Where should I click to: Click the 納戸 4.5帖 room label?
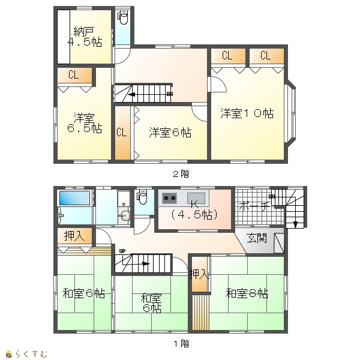click(85, 37)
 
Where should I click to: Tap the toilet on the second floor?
click(123, 17)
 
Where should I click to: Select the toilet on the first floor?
click(142, 197)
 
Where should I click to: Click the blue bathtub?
click(74, 198)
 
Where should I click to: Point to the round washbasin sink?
click(124, 216)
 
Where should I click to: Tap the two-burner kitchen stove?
click(169, 198)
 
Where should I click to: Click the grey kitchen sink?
click(196, 198)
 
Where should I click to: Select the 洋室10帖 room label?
click(247, 113)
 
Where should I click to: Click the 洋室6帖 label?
click(170, 133)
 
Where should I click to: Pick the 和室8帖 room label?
click(247, 293)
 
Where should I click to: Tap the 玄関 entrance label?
click(257, 238)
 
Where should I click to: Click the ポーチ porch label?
click(254, 206)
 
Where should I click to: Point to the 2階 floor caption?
click(181, 174)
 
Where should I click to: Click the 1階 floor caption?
click(181, 343)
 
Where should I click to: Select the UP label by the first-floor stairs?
click(122, 251)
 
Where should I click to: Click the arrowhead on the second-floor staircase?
click(131, 94)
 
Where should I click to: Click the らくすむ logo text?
click(31, 354)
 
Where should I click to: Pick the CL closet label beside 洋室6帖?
click(121, 132)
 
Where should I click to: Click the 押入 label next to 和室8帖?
click(199, 274)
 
